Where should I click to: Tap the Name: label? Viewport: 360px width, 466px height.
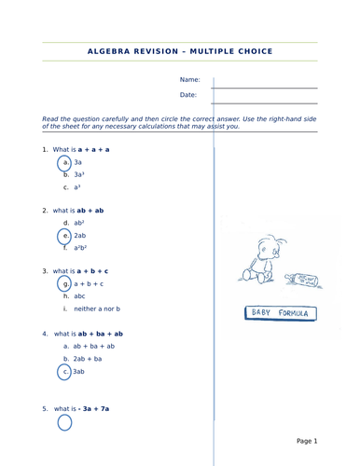pyautogui.click(x=190, y=79)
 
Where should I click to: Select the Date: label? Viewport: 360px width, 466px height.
pyautogui.click(x=188, y=95)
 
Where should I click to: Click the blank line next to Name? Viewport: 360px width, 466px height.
pyautogui.click(x=264, y=89)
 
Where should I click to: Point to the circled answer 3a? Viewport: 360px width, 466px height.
pyautogui.click(x=77, y=162)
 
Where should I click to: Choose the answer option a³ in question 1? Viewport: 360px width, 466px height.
pyautogui.click(x=77, y=187)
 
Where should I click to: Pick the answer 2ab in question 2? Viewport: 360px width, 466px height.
pyautogui.click(x=80, y=236)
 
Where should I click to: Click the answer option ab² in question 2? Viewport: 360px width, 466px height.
pyautogui.click(x=79, y=223)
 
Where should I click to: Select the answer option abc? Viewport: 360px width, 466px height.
pyautogui.click(x=79, y=296)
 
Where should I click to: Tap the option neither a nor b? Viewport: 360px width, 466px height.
pyautogui.click(x=97, y=308)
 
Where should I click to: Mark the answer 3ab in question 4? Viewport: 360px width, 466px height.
pyautogui.click(x=78, y=371)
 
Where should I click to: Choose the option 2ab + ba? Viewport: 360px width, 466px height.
pyautogui.click(x=88, y=359)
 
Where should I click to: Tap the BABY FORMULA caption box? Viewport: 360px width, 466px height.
pyautogui.click(x=281, y=313)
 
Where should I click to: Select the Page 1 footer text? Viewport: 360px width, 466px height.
pyautogui.click(x=307, y=441)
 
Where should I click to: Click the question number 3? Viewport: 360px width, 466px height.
pyautogui.click(x=45, y=271)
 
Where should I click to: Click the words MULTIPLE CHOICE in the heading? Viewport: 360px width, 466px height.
pyautogui.click(x=231, y=51)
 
